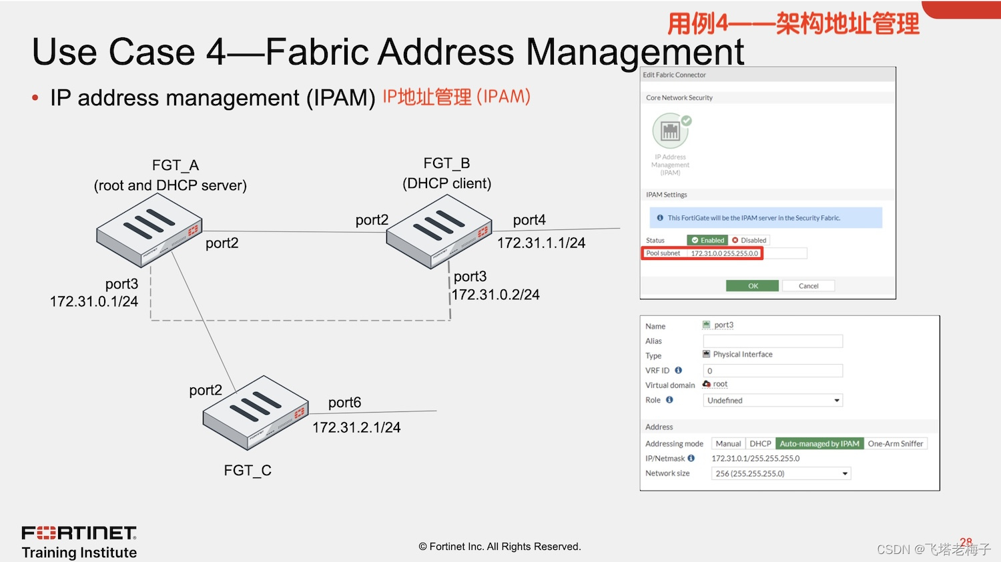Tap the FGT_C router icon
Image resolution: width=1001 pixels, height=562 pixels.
click(256, 411)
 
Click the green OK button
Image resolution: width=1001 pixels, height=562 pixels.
click(752, 286)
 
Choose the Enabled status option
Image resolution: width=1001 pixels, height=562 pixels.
click(707, 240)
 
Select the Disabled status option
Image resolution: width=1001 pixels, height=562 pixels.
click(749, 240)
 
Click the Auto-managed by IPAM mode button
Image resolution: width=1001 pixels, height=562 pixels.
click(819, 444)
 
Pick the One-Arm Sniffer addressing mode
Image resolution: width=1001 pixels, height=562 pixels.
click(895, 444)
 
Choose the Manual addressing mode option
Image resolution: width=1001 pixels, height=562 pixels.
click(728, 444)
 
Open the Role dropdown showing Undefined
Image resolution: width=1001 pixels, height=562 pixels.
click(773, 401)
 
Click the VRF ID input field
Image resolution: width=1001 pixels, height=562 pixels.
click(773, 371)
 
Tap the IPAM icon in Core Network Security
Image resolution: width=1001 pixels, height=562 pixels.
click(671, 131)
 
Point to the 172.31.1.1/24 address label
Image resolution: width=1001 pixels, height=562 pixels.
click(541, 243)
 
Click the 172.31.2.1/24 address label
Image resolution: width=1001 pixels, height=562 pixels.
click(356, 428)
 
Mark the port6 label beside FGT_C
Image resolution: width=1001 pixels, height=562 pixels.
click(344, 403)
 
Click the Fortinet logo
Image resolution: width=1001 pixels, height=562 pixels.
click(79, 533)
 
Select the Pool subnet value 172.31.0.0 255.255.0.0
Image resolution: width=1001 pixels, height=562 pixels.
click(725, 254)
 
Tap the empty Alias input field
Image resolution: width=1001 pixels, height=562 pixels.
click(773, 341)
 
